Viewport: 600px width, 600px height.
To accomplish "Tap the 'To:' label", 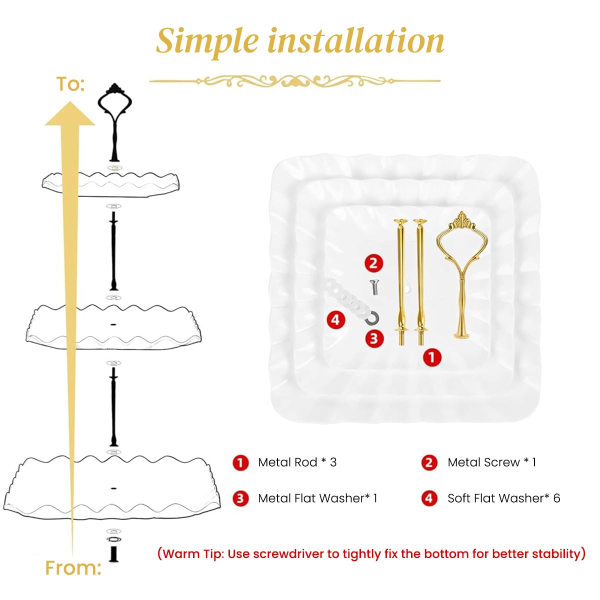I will coord(70,84).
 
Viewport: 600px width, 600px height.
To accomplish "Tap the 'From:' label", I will coord(73,568).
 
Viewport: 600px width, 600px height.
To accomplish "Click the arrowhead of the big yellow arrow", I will coord(70,114).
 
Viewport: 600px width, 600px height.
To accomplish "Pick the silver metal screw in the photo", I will coord(373,287).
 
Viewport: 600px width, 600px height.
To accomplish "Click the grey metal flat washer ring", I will coord(372,317).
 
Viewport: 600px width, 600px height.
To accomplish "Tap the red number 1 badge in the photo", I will coord(432,357).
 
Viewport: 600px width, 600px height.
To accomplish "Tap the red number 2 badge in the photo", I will coord(373,263).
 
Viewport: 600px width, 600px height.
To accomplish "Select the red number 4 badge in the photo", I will coord(335,319).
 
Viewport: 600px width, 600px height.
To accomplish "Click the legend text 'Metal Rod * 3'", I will coord(297,462).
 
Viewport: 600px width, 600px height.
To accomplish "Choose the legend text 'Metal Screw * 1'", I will coord(491,462).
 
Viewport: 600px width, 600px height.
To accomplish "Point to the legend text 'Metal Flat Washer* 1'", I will coord(317,498).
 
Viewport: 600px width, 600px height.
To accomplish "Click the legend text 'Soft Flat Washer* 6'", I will coord(503,498).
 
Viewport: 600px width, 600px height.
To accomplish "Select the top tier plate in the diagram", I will coord(110,183).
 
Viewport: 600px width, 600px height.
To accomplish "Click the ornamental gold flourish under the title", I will coord(295,80).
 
